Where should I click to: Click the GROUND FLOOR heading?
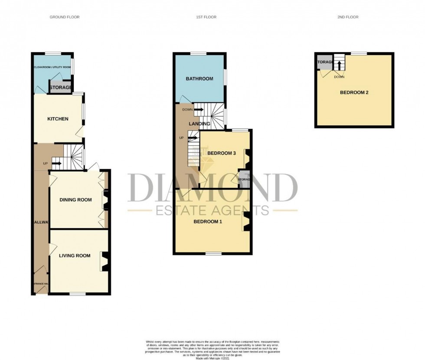tap(65, 17)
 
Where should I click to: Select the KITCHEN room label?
tap(58, 119)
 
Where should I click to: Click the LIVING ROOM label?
tap(75, 255)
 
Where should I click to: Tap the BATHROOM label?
tap(199, 79)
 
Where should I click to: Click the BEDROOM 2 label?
tap(354, 92)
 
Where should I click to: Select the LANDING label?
tap(199, 124)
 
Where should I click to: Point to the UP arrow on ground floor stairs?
tap(56, 164)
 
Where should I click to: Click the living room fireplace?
tap(104, 262)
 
